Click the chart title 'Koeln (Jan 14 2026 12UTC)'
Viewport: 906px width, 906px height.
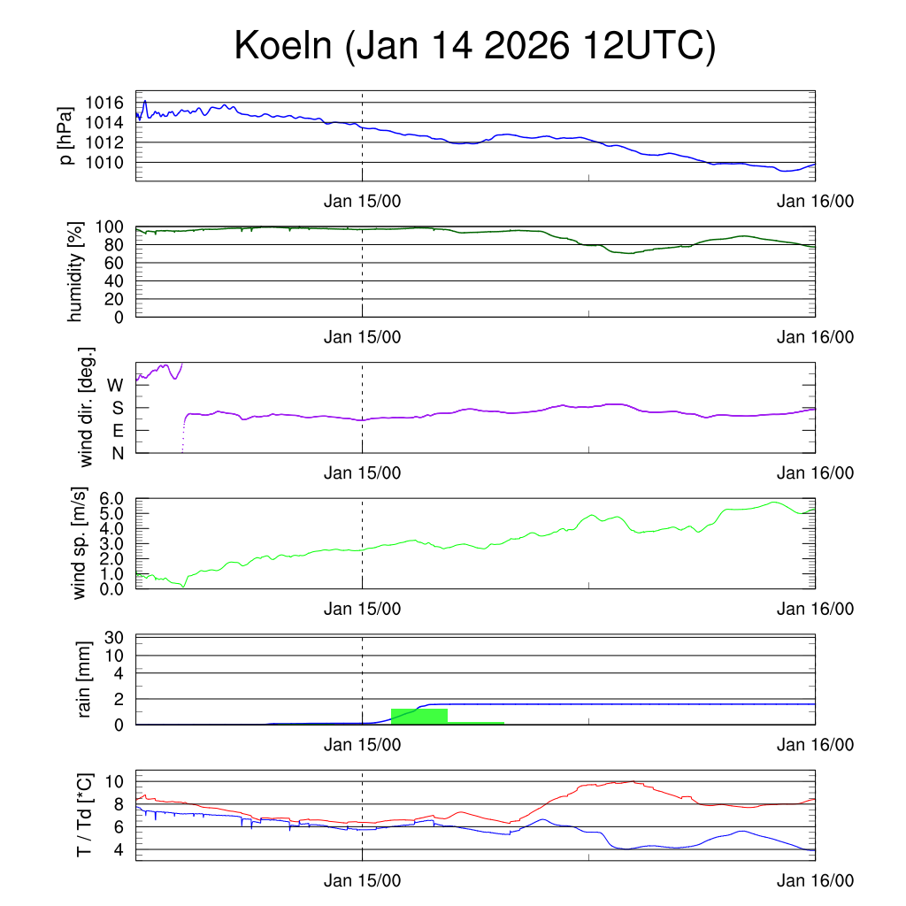click(474, 47)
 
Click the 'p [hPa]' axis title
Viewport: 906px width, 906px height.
click(66, 135)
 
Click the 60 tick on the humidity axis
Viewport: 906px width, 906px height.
click(116, 263)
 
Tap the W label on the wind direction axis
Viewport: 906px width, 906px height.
click(115, 386)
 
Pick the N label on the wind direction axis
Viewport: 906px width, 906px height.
click(116, 453)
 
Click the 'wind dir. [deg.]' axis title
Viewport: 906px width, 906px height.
click(87, 407)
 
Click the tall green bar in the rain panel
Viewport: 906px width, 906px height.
click(418, 716)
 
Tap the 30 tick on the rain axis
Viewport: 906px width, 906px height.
click(116, 637)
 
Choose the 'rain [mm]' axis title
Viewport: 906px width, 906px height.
click(86, 679)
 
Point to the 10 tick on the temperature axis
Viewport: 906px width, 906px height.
click(116, 781)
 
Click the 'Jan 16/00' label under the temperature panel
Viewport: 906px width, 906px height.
click(815, 880)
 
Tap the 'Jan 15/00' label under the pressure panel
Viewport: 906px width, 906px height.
click(363, 201)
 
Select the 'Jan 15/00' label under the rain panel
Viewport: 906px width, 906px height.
click(363, 745)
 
